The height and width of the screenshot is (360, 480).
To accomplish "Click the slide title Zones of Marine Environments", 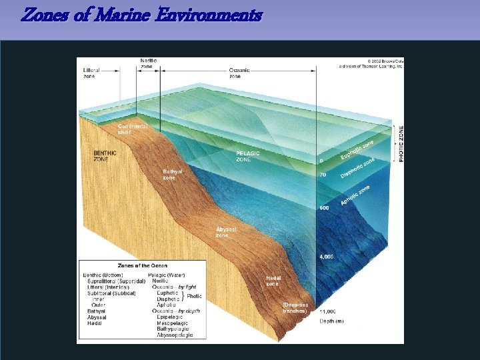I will point(141,15).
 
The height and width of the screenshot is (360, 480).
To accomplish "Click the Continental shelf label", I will point(131,129).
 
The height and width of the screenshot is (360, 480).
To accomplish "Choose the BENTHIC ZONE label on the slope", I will point(105,156).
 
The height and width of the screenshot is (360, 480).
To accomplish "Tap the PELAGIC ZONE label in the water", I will point(248,156).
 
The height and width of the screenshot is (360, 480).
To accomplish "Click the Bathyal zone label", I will point(173,174).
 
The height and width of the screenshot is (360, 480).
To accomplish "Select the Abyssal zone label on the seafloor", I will point(225,232).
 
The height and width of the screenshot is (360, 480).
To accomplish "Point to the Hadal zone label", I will point(273,281).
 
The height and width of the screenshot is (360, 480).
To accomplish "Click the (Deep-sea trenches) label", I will point(294,307).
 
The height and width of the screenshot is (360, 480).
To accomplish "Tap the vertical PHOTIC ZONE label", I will point(401,143).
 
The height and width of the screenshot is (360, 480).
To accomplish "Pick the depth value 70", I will point(323,175).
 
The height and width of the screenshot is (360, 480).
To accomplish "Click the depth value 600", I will point(324,208).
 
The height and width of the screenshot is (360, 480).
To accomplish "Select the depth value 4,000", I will point(327,257).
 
